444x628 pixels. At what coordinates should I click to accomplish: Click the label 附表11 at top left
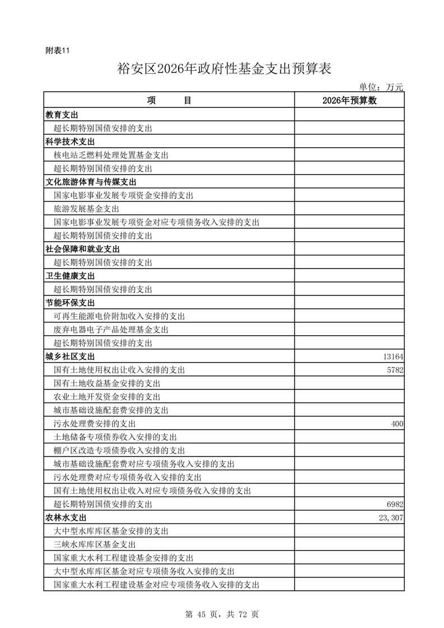click(x=57, y=50)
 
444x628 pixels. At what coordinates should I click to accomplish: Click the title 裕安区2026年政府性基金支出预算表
click(x=225, y=69)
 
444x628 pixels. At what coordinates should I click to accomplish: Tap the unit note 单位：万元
click(x=381, y=87)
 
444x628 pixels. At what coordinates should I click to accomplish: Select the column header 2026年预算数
click(x=349, y=100)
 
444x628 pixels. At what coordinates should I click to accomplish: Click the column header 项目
click(x=169, y=100)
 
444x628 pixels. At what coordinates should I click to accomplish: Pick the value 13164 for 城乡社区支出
click(x=392, y=357)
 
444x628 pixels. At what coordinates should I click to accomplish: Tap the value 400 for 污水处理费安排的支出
click(x=397, y=424)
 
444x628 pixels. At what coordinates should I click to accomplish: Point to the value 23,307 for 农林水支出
click(x=390, y=518)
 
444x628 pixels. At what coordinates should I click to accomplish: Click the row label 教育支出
click(x=62, y=115)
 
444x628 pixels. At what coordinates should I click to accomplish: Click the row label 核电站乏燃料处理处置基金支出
click(x=111, y=155)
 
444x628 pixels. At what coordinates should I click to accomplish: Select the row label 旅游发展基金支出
click(x=82, y=209)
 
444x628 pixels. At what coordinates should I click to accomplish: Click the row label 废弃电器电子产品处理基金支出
click(x=111, y=330)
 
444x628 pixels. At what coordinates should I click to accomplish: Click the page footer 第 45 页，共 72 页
click(x=222, y=615)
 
